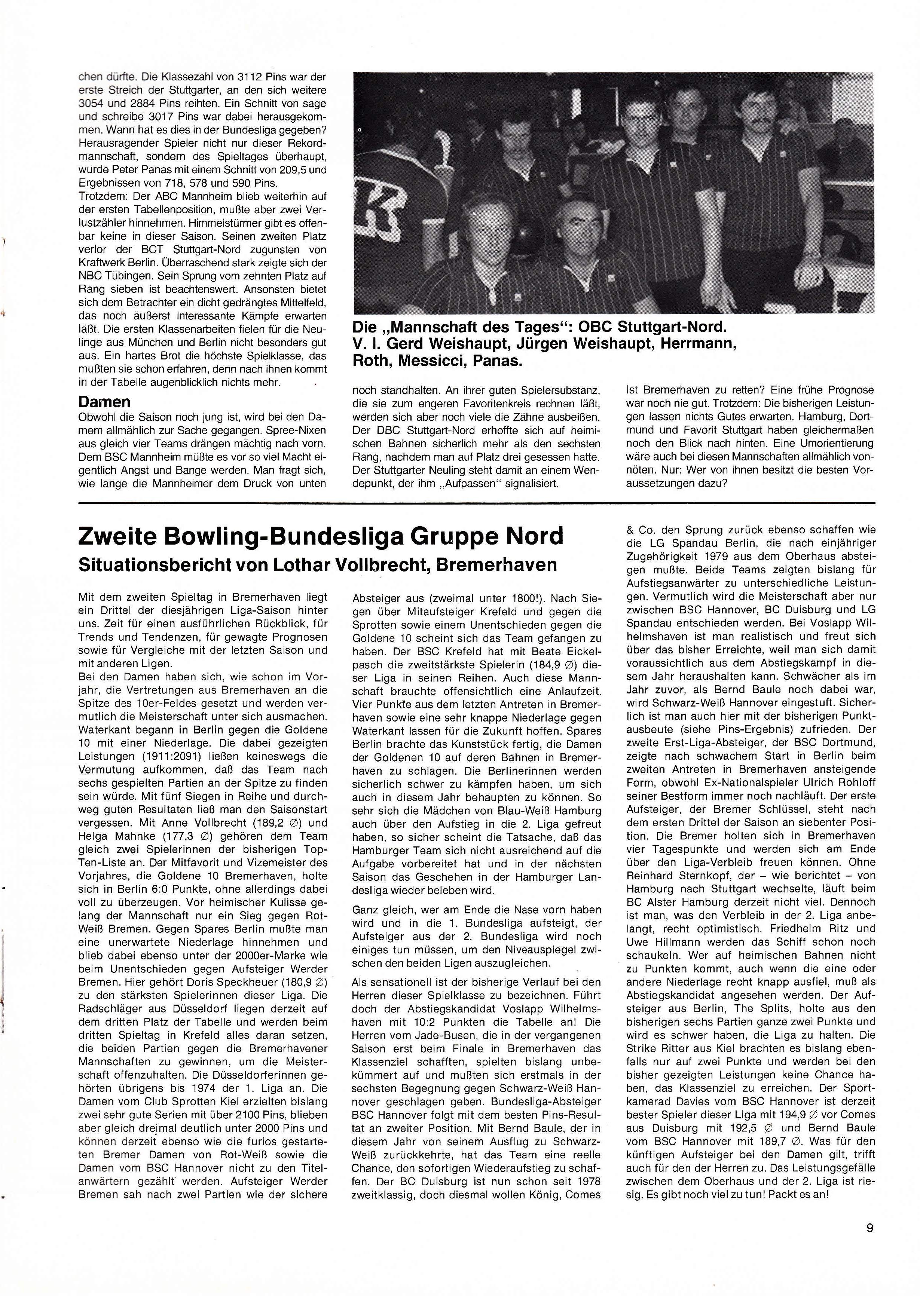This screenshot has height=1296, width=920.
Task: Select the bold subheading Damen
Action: point(104,401)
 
